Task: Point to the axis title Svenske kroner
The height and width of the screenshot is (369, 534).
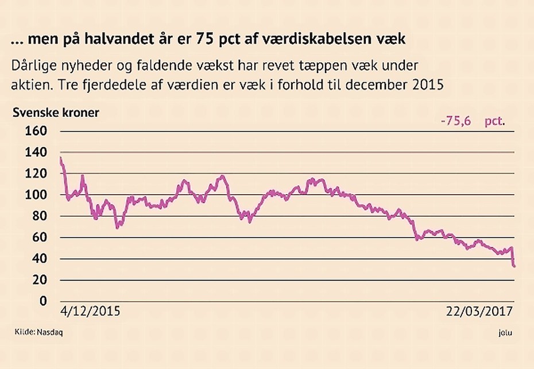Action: [56, 112]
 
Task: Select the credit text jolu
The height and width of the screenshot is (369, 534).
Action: [506, 332]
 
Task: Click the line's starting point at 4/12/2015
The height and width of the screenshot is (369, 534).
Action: [61, 157]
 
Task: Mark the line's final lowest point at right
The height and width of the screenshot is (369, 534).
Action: [514, 266]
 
